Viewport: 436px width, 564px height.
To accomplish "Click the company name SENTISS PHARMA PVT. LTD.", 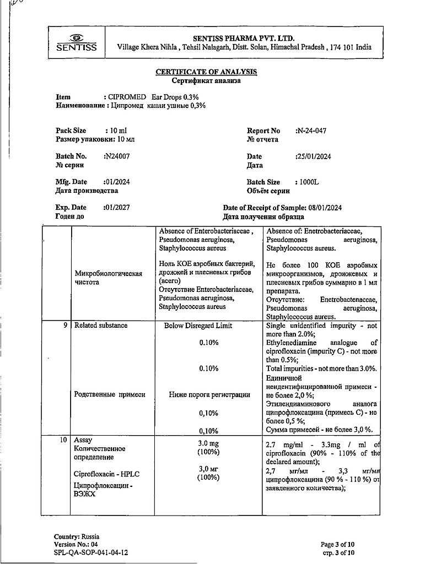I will pos(244,38).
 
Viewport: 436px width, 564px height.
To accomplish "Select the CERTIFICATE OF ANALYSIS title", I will pos(206,72).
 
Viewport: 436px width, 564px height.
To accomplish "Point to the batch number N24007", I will pos(116,156).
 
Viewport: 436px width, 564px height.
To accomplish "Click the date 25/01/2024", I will pos(313,156).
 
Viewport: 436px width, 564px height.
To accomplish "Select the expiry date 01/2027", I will pos(116,208).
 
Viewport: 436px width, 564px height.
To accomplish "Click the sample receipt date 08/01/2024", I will pos(325,208).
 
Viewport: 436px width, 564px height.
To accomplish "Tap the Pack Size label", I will pos(71,131).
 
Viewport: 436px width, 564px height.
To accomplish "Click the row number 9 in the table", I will pos(65,326).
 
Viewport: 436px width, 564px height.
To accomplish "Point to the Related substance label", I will pos(101,326).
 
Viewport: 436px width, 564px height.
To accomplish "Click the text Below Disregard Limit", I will pos(198,326).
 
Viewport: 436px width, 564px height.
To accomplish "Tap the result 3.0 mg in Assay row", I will pos(208,443).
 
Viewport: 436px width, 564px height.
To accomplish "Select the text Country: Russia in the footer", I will pos(77,536).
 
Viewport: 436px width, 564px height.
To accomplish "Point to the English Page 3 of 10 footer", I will pos(337,544).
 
